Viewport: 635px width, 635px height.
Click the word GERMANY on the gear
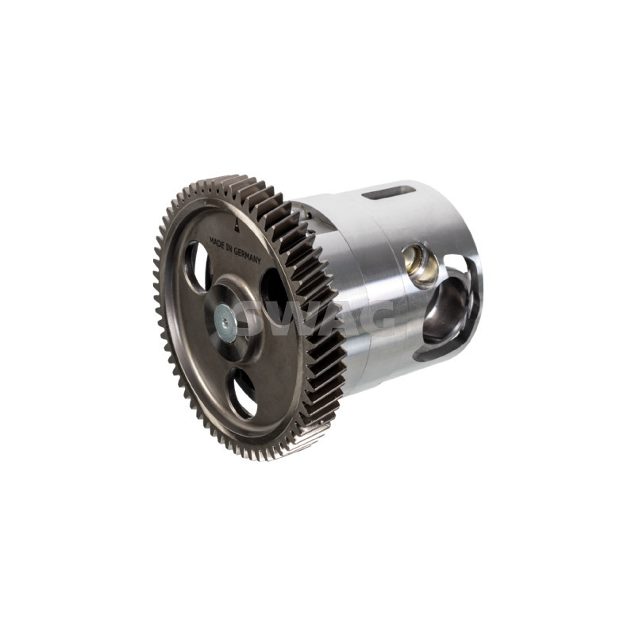pyautogui.click(x=248, y=255)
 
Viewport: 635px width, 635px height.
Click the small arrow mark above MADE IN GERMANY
pyautogui.click(x=237, y=225)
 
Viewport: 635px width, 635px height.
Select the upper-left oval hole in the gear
pyautogui.click(x=196, y=267)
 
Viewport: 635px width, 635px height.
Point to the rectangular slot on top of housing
pyautogui.click(x=389, y=193)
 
